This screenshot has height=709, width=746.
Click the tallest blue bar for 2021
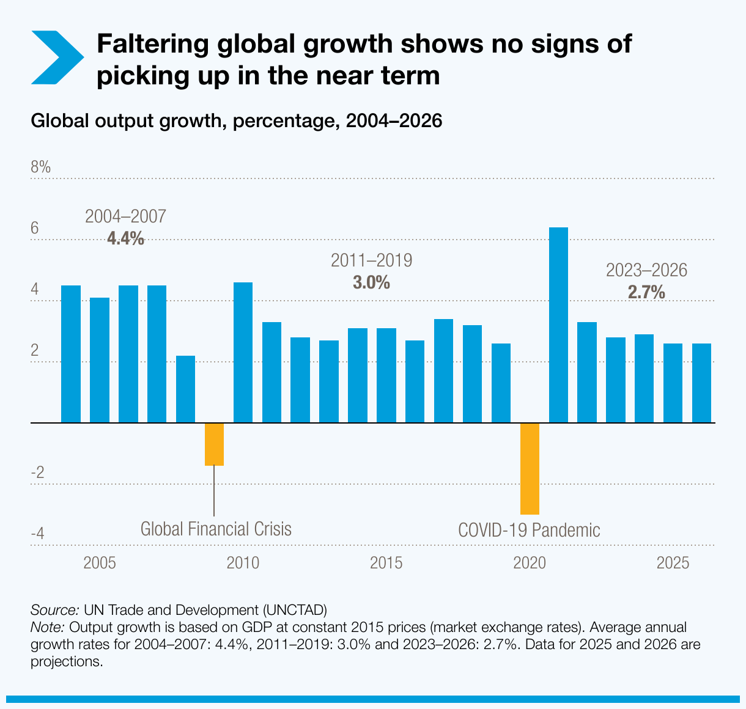point(558,325)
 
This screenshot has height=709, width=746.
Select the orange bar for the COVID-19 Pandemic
point(530,468)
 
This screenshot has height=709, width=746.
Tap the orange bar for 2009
point(214,444)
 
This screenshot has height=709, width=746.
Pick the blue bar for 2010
point(243,352)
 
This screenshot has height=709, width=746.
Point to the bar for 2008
point(185,389)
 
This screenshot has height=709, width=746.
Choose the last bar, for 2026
point(701,383)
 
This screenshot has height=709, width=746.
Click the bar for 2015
point(386,375)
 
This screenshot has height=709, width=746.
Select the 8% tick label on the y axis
point(41,167)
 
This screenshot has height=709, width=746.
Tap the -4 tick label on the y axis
point(38,534)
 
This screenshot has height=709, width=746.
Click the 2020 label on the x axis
point(530,562)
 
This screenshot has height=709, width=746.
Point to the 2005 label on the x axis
point(100,562)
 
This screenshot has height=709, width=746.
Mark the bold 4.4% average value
point(125,238)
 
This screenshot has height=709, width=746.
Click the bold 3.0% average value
point(371,282)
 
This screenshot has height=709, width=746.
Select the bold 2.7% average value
point(646,292)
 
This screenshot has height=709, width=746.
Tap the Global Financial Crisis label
point(216,528)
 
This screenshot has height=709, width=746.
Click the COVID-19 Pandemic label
point(529,529)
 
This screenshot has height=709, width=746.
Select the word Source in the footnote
point(54,610)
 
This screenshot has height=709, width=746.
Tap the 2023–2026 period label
point(646,270)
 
